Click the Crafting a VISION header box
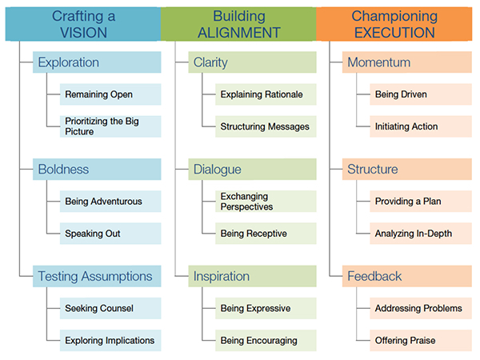(83, 24)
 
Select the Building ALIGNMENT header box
(238, 24)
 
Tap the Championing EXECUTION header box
(394, 24)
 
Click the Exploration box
(97, 62)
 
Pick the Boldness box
(97, 169)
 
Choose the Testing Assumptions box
(97, 276)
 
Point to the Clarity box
(252, 62)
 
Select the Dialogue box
(252, 169)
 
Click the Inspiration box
(252, 276)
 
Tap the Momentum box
(407, 62)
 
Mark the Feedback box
(407, 276)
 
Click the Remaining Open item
(110, 94)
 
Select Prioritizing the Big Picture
(110, 126)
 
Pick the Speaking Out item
(110, 234)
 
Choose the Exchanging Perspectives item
(266, 201)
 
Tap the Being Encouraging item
(266, 341)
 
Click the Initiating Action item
(421, 126)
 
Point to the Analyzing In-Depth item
(421, 234)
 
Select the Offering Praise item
(421, 341)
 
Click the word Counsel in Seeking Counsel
(116, 308)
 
